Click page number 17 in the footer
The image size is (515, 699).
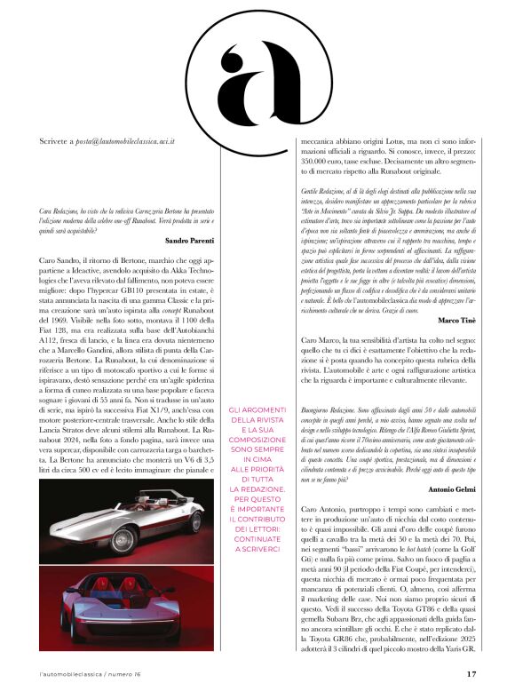click(x=471, y=673)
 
